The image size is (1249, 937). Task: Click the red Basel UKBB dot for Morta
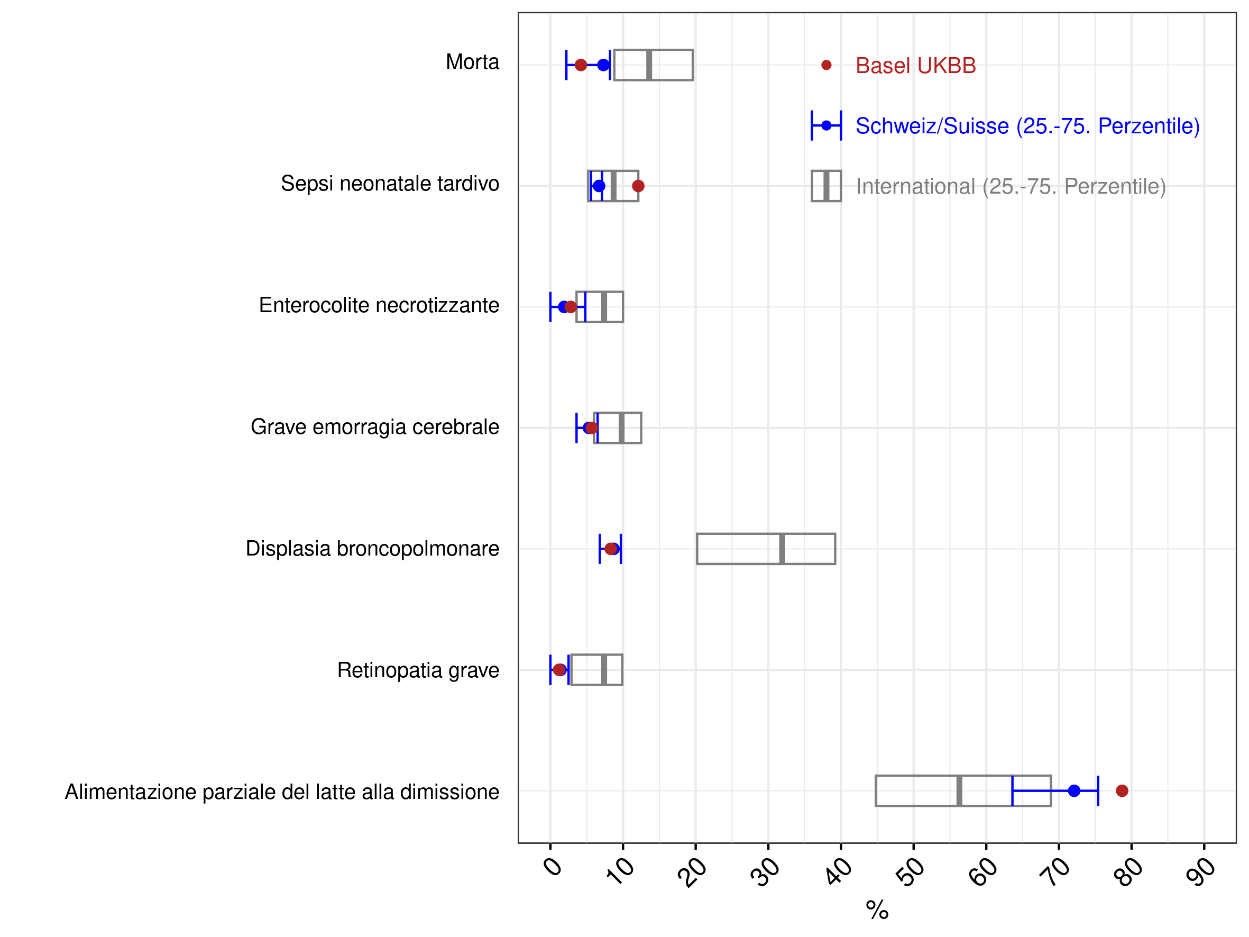pyautogui.click(x=581, y=65)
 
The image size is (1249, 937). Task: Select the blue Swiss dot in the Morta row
pyautogui.click(x=603, y=65)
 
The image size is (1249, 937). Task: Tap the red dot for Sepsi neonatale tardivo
pyautogui.click(x=638, y=186)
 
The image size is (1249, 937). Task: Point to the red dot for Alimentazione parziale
pyautogui.click(x=1122, y=791)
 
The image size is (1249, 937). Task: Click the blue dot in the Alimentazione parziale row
pyautogui.click(x=1074, y=791)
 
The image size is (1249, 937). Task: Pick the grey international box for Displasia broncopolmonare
pyautogui.click(x=697, y=549)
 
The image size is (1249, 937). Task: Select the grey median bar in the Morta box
pyautogui.click(x=649, y=65)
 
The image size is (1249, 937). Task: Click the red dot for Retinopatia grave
pyautogui.click(x=559, y=670)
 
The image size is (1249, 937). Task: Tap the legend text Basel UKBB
pyautogui.click(x=915, y=66)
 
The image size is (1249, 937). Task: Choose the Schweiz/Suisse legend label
pyautogui.click(x=1027, y=126)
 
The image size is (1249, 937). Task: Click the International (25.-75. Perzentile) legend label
pyautogui.click(x=1011, y=186)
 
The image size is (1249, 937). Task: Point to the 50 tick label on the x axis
pyautogui.click(x=910, y=871)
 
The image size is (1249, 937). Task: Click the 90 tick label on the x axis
pyautogui.click(x=1200, y=871)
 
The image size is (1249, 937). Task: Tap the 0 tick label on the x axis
pyautogui.click(x=553, y=866)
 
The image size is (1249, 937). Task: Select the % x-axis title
pyautogui.click(x=877, y=910)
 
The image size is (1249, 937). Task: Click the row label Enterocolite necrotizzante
pyautogui.click(x=379, y=306)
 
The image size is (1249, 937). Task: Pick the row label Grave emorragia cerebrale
pyautogui.click(x=375, y=427)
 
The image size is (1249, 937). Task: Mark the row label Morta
pyautogui.click(x=473, y=62)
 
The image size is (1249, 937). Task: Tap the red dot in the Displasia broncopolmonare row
pyautogui.click(x=611, y=549)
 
